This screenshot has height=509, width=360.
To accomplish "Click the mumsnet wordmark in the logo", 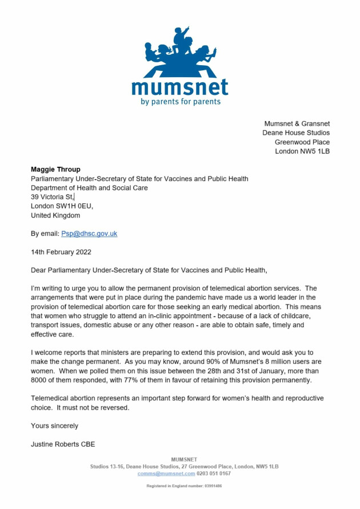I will pyautogui.click(x=179, y=87).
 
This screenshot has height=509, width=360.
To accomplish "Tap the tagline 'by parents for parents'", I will pyautogui.click(x=180, y=102).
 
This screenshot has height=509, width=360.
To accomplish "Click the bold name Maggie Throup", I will pyautogui.click(x=55, y=170).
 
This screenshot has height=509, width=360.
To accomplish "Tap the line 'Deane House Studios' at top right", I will pyautogui.click(x=296, y=133).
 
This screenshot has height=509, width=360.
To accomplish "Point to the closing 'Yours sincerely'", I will pyautogui.click(x=54, y=426).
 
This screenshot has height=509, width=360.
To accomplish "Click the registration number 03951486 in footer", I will pyautogui.click(x=210, y=486).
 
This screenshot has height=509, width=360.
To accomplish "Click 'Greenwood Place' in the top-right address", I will pyautogui.click(x=302, y=142).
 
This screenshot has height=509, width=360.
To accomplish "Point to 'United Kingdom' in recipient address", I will pyautogui.click(x=55, y=215).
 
